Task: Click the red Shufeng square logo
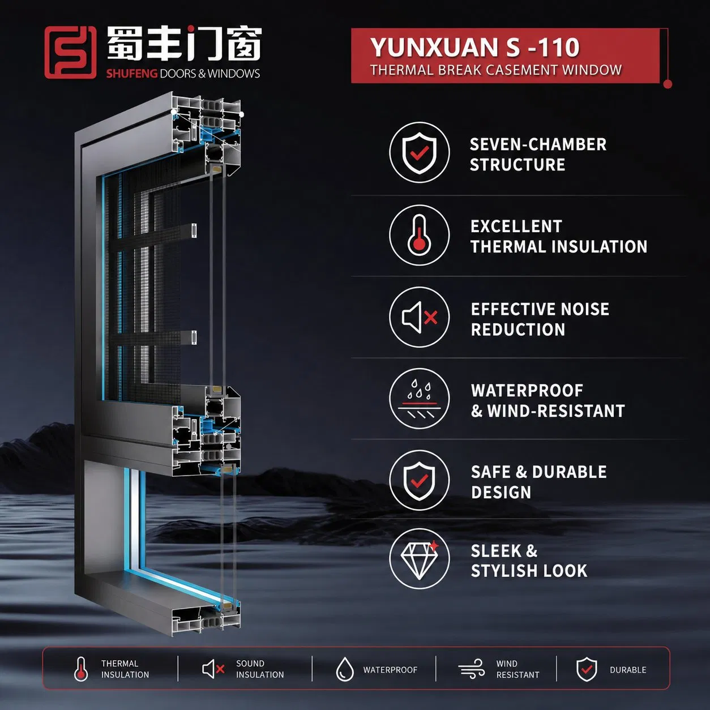tap(70, 53)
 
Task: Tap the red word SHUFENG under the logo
tap(132, 74)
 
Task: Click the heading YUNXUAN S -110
tap(475, 48)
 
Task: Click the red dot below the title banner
tap(668, 84)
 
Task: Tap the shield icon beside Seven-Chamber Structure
tap(420, 152)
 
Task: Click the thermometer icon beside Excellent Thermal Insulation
tap(420, 235)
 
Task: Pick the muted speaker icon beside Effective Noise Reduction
tap(420, 317)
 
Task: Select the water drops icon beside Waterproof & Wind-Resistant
tap(420, 399)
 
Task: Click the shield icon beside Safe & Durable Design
tap(420, 481)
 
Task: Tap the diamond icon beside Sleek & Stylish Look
tap(420, 561)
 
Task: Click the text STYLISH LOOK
tap(529, 571)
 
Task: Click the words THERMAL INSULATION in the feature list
tap(559, 246)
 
